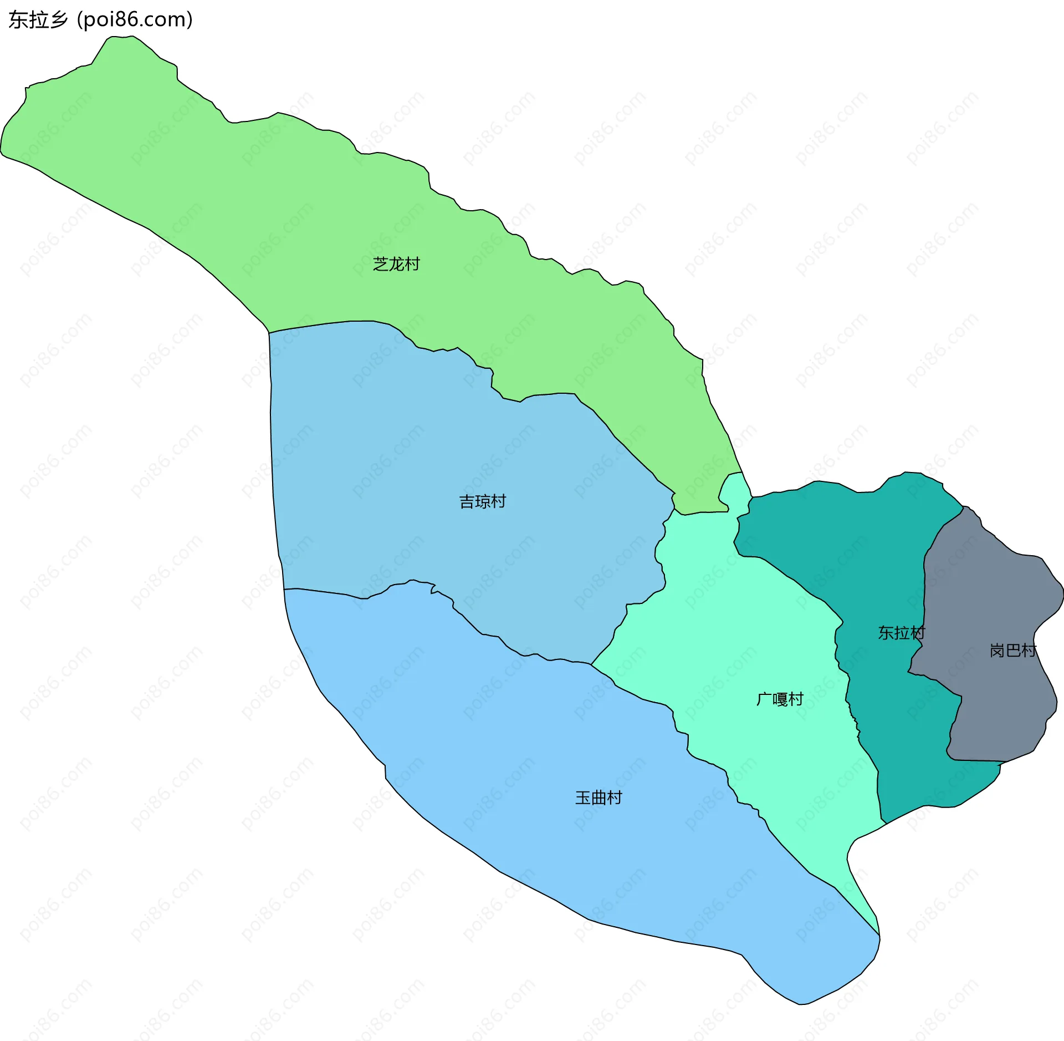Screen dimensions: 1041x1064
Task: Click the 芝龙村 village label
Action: [396, 264]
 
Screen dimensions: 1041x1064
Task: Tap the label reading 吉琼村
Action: [482, 501]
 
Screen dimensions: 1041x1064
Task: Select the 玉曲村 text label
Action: [598, 798]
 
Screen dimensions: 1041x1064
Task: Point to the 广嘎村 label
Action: [780, 699]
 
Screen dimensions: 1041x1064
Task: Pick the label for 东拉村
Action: [901, 632]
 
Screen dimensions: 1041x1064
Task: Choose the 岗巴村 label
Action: [1012, 650]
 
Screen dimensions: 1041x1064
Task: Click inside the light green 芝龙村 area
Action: [277, 211]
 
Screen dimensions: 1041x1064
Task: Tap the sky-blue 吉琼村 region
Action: [416, 471]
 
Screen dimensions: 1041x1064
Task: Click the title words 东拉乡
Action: [38, 20]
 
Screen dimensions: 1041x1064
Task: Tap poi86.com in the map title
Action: [135, 20]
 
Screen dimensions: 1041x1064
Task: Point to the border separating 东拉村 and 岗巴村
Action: [924, 582]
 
